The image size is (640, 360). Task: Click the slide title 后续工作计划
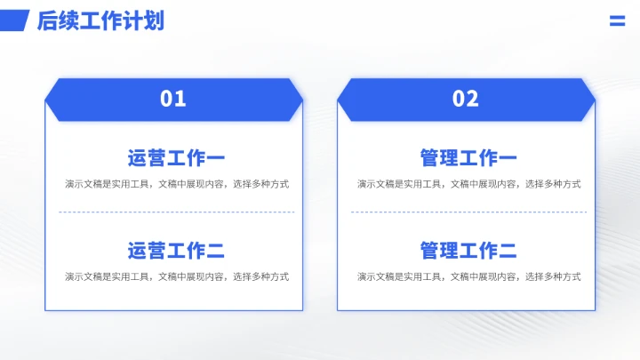(100, 21)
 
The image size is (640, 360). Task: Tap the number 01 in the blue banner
(173, 99)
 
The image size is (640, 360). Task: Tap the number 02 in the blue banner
(466, 99)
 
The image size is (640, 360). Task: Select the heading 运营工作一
(176, 159)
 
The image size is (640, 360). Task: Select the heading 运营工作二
(176, 252)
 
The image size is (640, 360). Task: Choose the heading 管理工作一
(468, 159)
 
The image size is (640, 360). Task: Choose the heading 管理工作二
(468, 252)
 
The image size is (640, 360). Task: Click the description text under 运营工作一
(176, 184)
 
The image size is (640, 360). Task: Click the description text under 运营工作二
(176, 276)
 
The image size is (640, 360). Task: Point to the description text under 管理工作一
(468, 184)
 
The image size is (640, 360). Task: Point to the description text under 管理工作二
(468, 276)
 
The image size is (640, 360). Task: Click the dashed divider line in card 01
(176, 212)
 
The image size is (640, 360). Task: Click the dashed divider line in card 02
(468, 212)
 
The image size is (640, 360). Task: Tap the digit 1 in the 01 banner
(180, 99)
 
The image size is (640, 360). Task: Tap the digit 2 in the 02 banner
(473, 99)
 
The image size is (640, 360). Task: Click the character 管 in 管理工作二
(430, 252)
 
